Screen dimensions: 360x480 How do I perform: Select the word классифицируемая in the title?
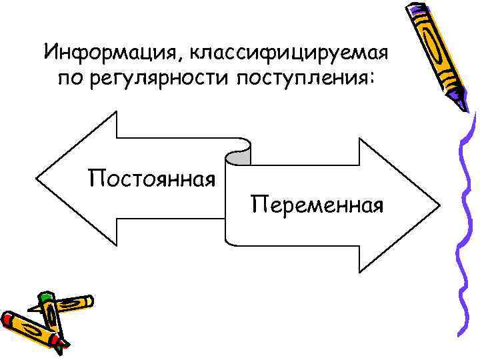(289, 51)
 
